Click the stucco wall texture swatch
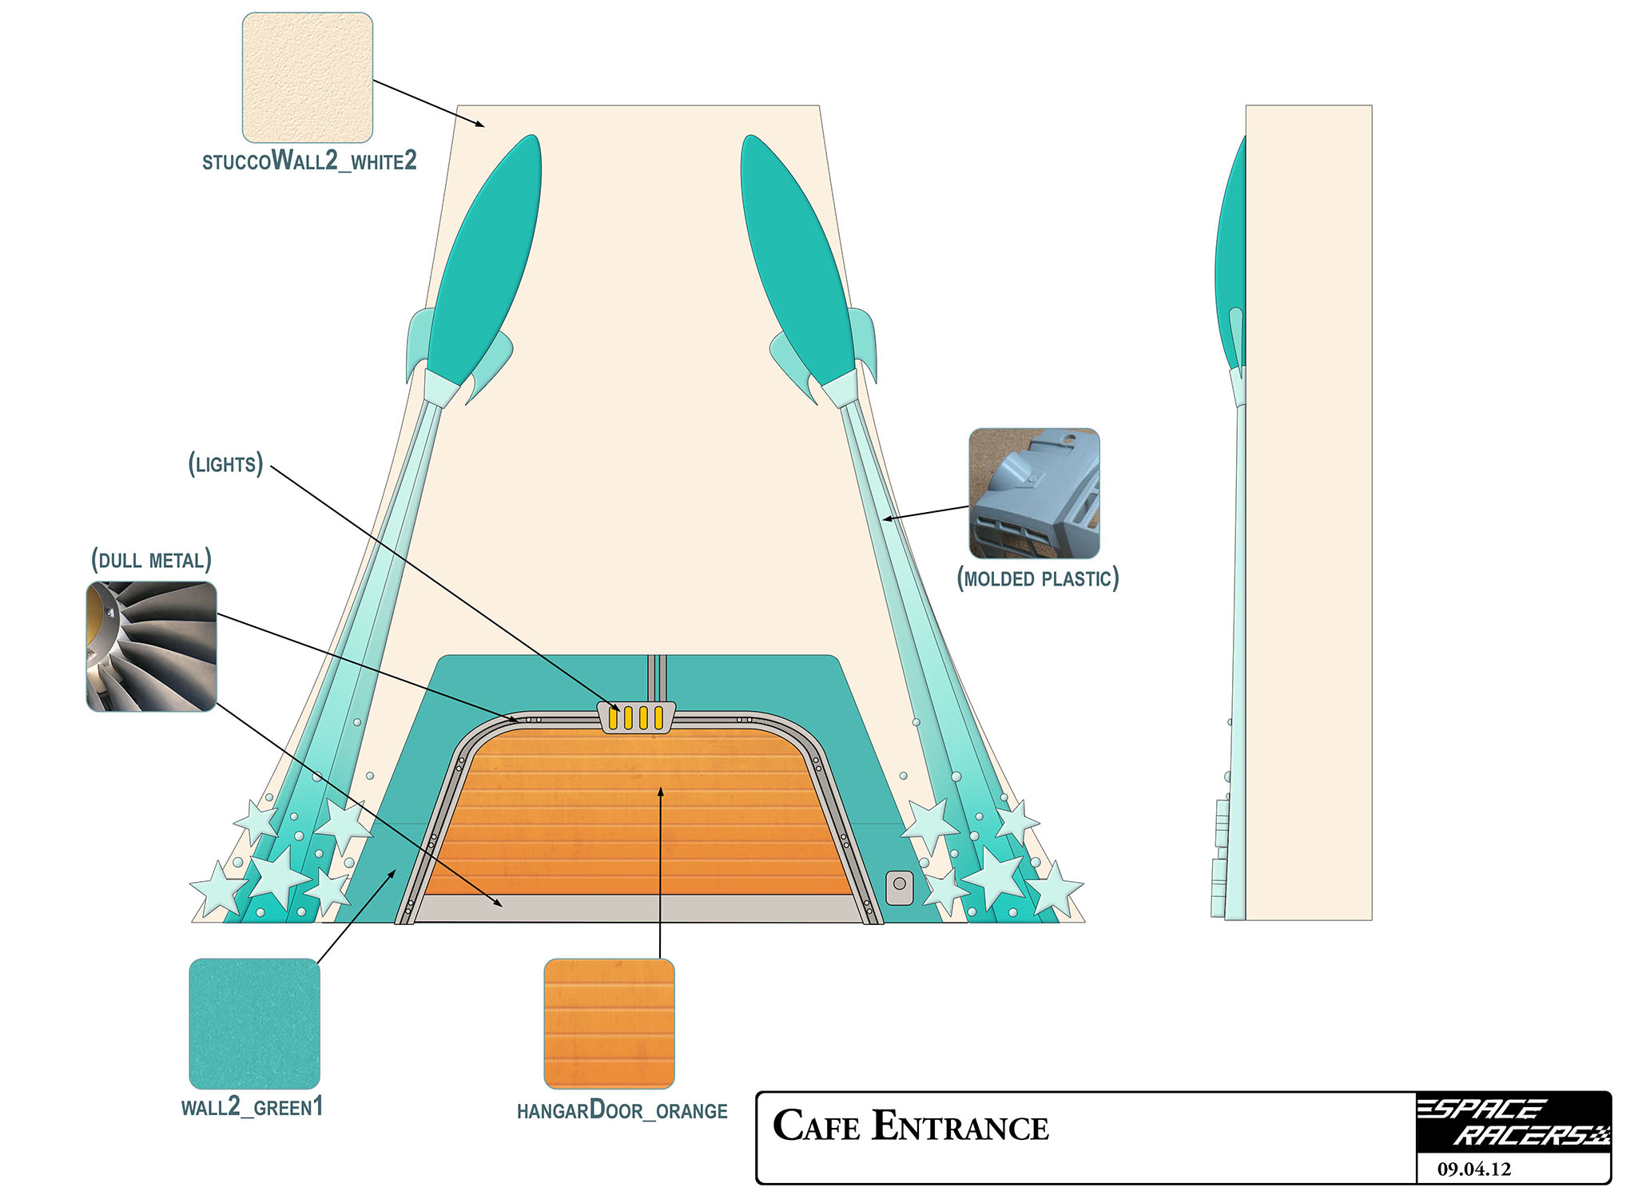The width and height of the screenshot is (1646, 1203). [x=308, y=77]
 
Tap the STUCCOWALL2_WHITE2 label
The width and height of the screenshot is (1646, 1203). [x=309, y=161]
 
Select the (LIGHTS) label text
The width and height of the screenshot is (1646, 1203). [x=226, y=464]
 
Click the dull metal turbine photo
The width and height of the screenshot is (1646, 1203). [x=151, y=646]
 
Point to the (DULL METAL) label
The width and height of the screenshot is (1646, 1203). [x=151, y=560]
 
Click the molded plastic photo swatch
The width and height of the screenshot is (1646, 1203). [x=1034, y=493]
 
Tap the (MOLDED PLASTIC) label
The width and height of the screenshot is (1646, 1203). [x=1037, y=578]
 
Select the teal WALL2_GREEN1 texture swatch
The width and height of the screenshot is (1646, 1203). [x=254, y=1023]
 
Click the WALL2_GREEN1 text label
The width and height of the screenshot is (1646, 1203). [x=252, y=1107]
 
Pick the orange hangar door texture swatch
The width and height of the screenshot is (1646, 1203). [x=609, y=1023]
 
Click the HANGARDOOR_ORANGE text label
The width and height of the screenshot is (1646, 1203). [x=622, y=1111]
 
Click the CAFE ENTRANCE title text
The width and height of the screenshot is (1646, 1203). [x=910, y=1127]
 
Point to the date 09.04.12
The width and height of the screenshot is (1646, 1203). [x=1474, y=1169]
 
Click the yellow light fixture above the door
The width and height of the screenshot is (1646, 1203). [x=636, y=717]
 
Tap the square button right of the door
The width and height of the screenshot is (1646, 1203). [x=899, y=887]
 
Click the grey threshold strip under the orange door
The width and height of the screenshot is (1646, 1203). [x=635, y=908]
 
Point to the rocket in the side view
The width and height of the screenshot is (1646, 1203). [x=1231, y=264]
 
